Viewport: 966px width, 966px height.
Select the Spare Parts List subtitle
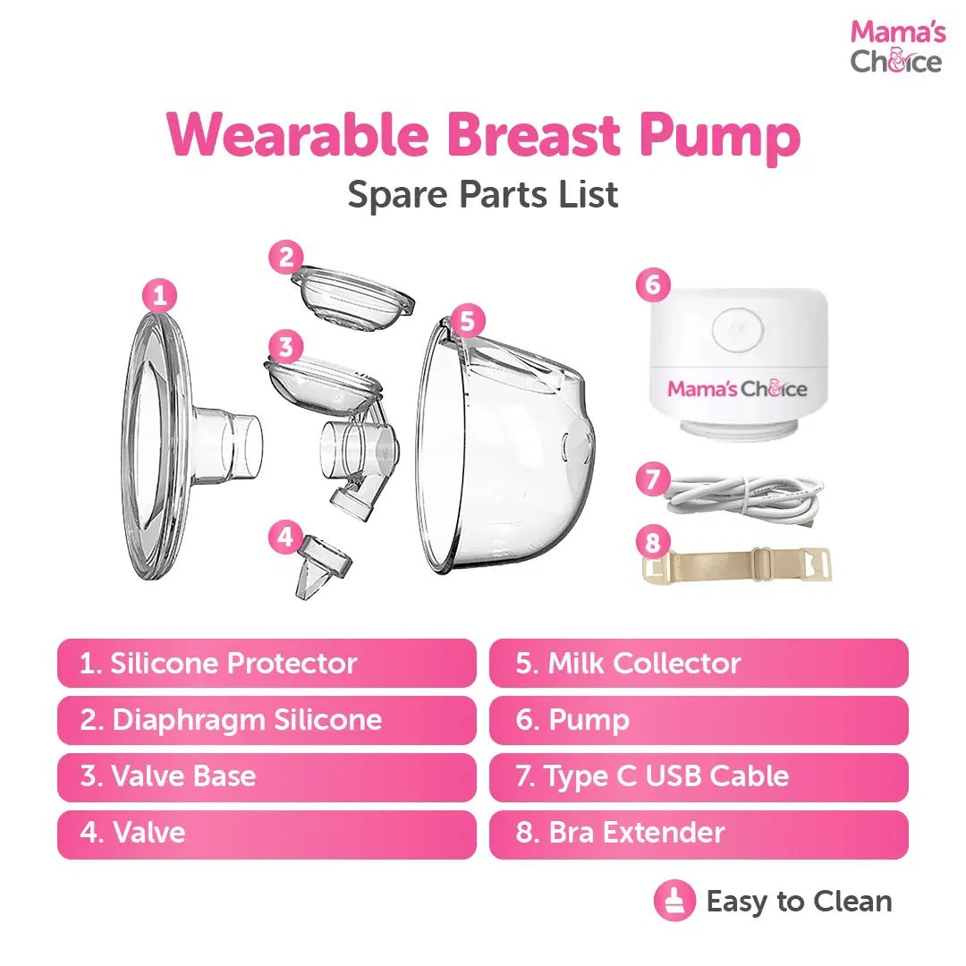pos(483,194)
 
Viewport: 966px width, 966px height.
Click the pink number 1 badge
pos(160,296)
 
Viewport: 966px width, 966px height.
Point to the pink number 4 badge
pos(285,538)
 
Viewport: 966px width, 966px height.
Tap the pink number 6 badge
pos(653,284)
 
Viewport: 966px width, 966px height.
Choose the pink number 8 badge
pos(653,543)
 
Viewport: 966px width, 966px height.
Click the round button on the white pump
pos(739,331)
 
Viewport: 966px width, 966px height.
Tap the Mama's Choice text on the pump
pos(737,389)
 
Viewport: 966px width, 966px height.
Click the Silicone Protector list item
pos(267,663)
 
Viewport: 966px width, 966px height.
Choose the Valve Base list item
pos(267,776)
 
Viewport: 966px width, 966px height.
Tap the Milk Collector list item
pos(699,663)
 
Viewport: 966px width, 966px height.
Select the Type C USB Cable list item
pos(699,776)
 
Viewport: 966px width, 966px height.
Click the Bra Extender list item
pos(699,833)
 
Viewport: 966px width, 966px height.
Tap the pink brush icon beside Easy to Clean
pos(674,901)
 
